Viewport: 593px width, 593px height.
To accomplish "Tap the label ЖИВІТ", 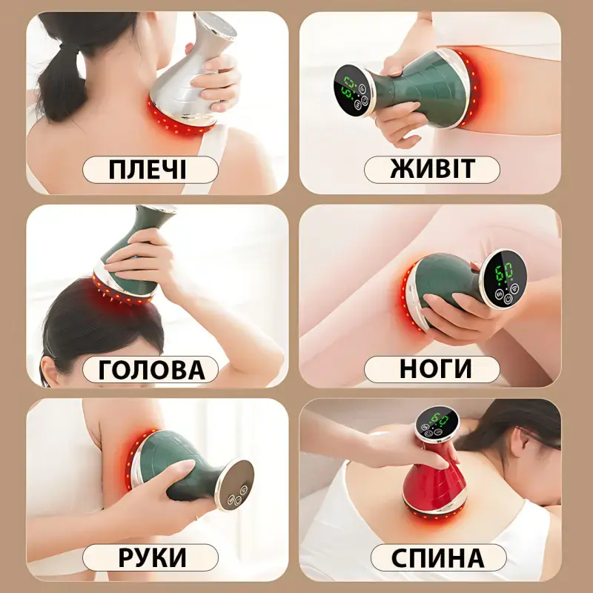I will tap(431, 170).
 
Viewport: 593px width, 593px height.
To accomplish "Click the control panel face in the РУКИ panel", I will tap(232, 484).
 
